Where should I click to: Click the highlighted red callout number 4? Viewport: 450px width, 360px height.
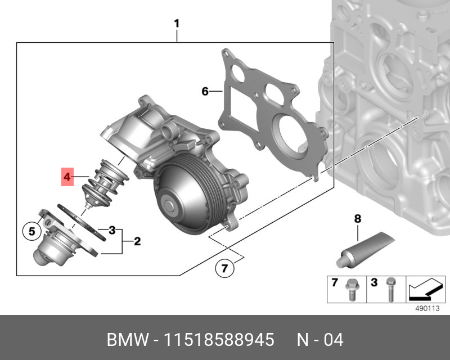(x=67, y=177)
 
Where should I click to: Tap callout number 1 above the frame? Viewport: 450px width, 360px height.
(x=177, y=24)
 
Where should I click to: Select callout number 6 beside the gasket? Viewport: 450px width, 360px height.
(x=205, y=91)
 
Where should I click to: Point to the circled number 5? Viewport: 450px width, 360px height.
(x=32, y=231)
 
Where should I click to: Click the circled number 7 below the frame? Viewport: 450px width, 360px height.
(x=224, y=268)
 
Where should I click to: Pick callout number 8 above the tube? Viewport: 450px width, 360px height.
(x=357, y=219)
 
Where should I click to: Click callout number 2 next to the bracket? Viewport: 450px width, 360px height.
(x=137, y=241)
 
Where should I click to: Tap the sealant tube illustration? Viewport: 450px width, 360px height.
(x=365, y=250)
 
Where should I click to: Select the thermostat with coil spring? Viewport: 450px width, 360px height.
(x=104, y=184)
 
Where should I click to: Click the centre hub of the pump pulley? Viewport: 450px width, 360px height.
(x=169, y=205)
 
